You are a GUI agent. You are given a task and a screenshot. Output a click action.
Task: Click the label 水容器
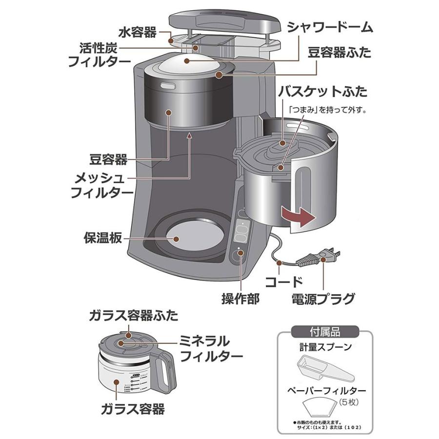137,33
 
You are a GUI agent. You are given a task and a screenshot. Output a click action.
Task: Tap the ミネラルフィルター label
211,348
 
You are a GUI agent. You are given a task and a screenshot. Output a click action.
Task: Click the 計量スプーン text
325,347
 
